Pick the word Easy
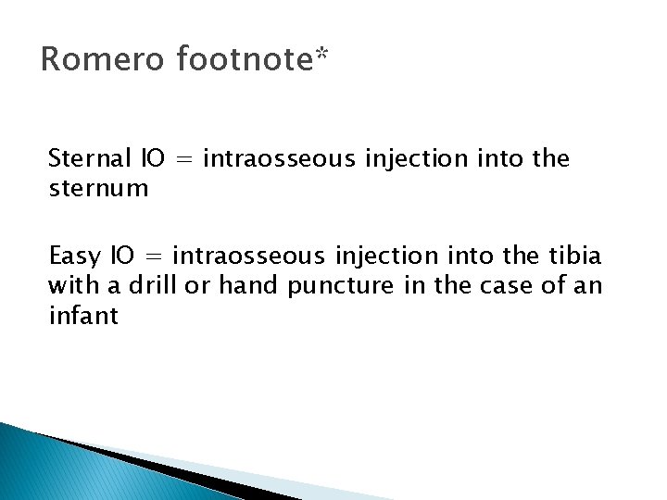[75, 256]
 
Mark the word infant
[83, 317]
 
